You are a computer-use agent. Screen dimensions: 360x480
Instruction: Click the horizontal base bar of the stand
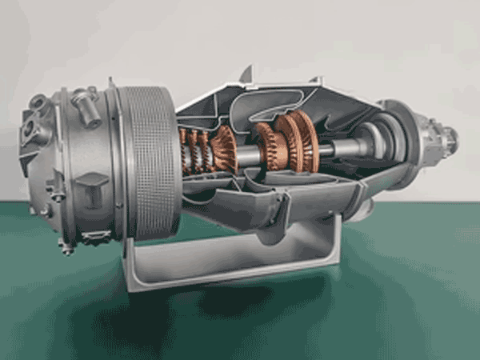pos(232,272)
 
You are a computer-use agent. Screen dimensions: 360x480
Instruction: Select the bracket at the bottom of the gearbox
pos(96,237)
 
